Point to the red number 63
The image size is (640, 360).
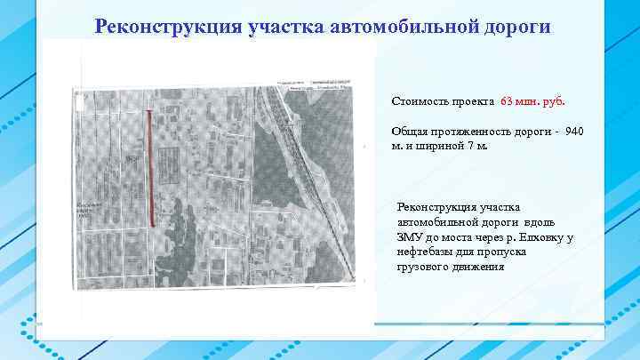tap(508, 100)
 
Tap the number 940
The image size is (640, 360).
tap(574, 132)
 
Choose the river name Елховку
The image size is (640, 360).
tap(540, 237)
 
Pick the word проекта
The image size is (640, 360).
tap(472, 100)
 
